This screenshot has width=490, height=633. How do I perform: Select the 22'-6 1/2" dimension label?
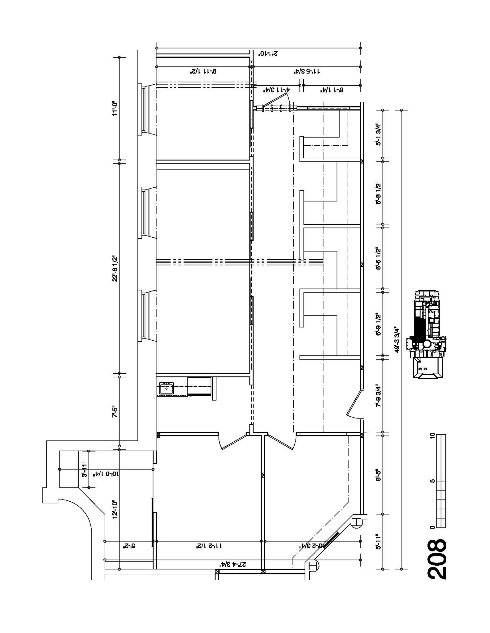[x=115, y=268]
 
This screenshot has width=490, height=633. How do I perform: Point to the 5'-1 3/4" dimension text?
[x=378, y=135]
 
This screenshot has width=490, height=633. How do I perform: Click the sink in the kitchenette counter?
[x=166, y=388]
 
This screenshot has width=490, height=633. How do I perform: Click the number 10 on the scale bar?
[x=432, y=435]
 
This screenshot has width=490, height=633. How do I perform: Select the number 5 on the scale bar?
[x=432, y=481]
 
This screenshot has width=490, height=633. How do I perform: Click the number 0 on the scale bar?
[x=432, y=527]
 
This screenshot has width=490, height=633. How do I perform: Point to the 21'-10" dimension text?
[x=268, y=53]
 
